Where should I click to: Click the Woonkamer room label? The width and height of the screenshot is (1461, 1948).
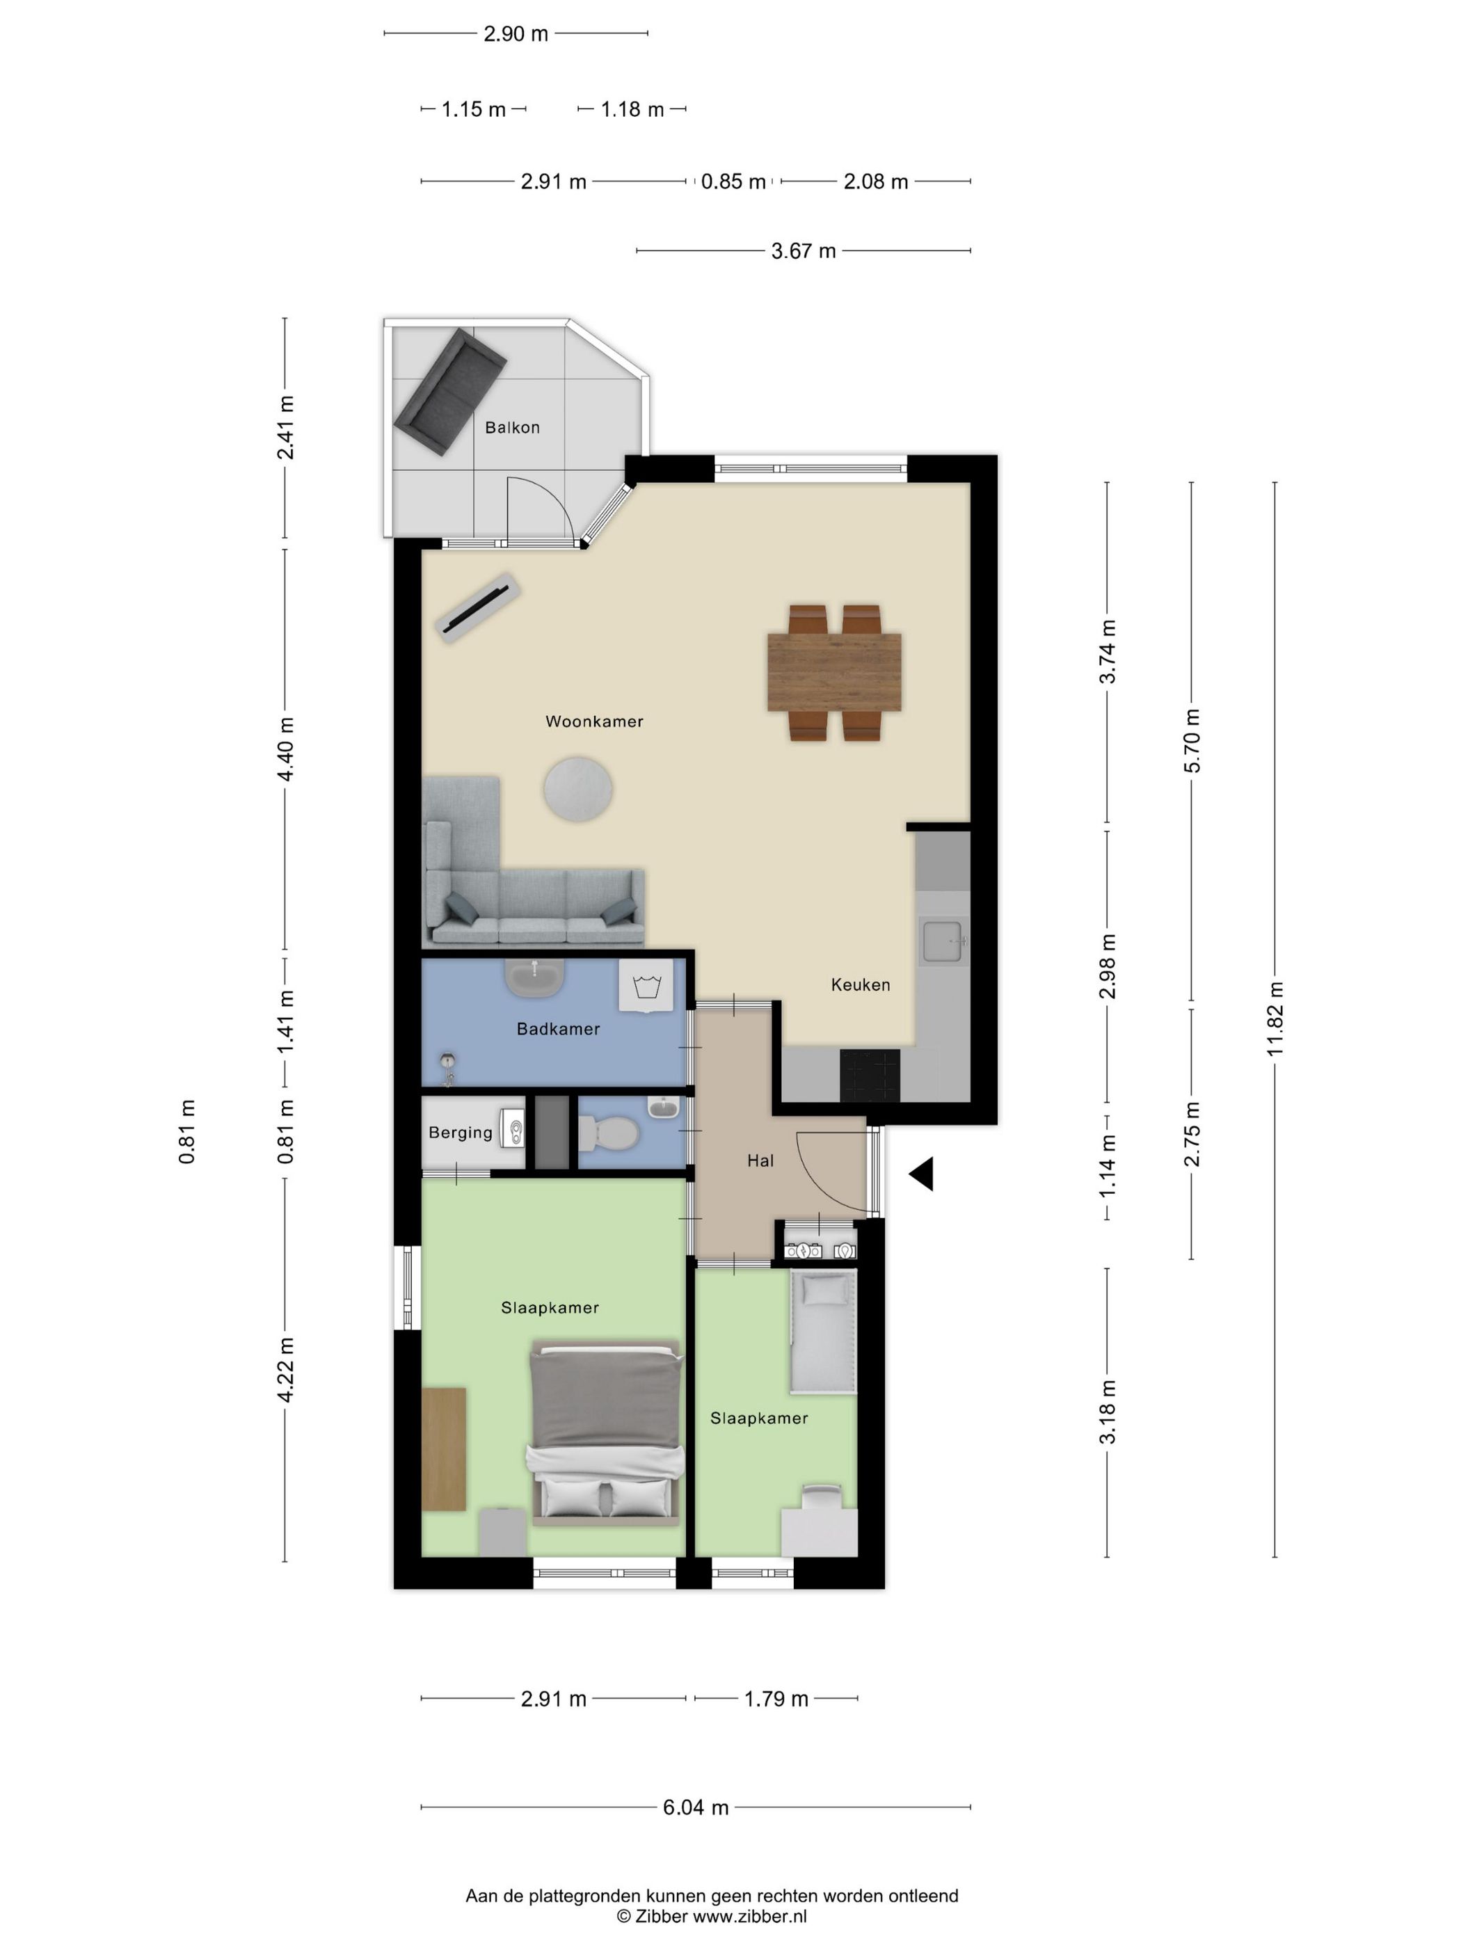coord(594,721)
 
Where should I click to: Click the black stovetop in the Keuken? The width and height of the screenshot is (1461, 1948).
coord(870,1076)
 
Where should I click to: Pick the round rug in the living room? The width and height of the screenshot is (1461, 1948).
coord(577,789)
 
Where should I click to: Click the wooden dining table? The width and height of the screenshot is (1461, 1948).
coord(834,672)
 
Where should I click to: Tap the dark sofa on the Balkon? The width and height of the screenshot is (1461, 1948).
coord(450,392)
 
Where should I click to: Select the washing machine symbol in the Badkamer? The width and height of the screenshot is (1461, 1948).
coord(646,985)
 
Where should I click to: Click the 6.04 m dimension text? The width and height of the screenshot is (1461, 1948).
coord(696,1807)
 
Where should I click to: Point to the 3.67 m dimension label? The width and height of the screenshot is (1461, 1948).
coord(803,251)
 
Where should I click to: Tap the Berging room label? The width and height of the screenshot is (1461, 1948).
coord(461,1133)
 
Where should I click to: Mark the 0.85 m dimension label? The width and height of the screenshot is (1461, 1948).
coord(733,182)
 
